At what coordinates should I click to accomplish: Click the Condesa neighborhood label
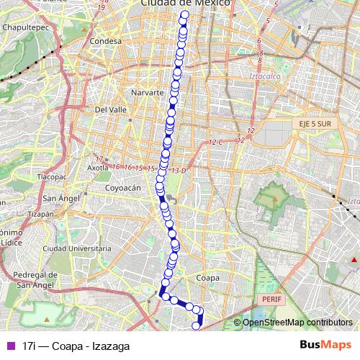(x=106, y=41)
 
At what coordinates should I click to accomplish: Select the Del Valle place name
(x=111, y=109)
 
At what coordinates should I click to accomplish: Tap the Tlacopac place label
(x=52, y=176)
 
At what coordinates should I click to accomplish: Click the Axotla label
(x=97, y=167)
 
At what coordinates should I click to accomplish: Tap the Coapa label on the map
(x=207, y=276)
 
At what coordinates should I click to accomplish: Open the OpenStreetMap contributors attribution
(x=297, y=323)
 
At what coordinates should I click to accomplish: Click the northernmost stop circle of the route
(x=185, y=14)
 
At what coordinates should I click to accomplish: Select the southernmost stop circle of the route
(x=196, y=325)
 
